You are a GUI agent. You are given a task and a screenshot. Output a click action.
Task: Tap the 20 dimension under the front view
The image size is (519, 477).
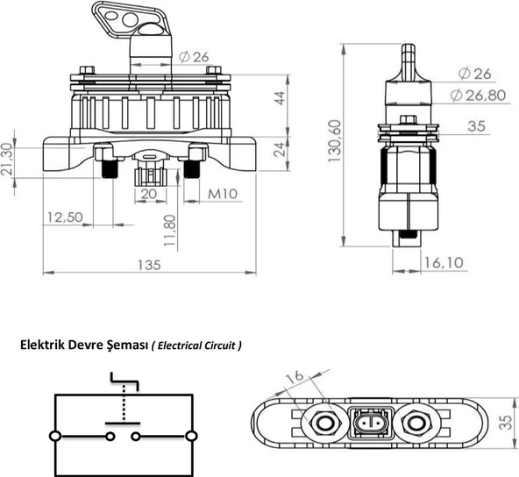coord(149,193)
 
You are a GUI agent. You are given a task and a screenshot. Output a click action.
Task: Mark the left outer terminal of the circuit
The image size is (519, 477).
coord(55,436)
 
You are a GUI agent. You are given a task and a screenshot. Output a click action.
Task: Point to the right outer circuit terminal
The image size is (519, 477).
coord(191,436)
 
